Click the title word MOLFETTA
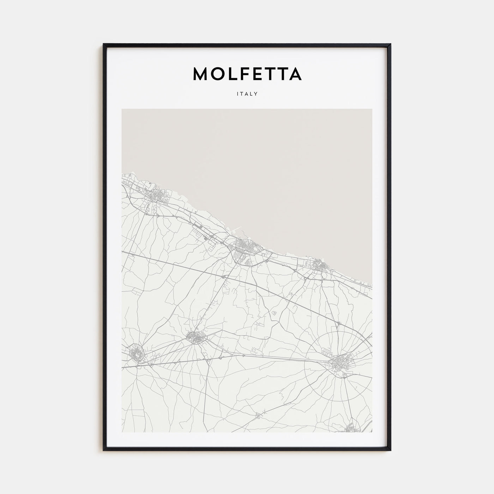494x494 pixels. (247, 73)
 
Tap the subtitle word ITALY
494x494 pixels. (247, 94)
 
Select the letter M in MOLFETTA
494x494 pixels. (201, 73)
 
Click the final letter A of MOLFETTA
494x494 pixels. (294, 73)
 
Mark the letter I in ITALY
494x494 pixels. (238, 94)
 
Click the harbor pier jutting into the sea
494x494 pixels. (236, 229)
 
